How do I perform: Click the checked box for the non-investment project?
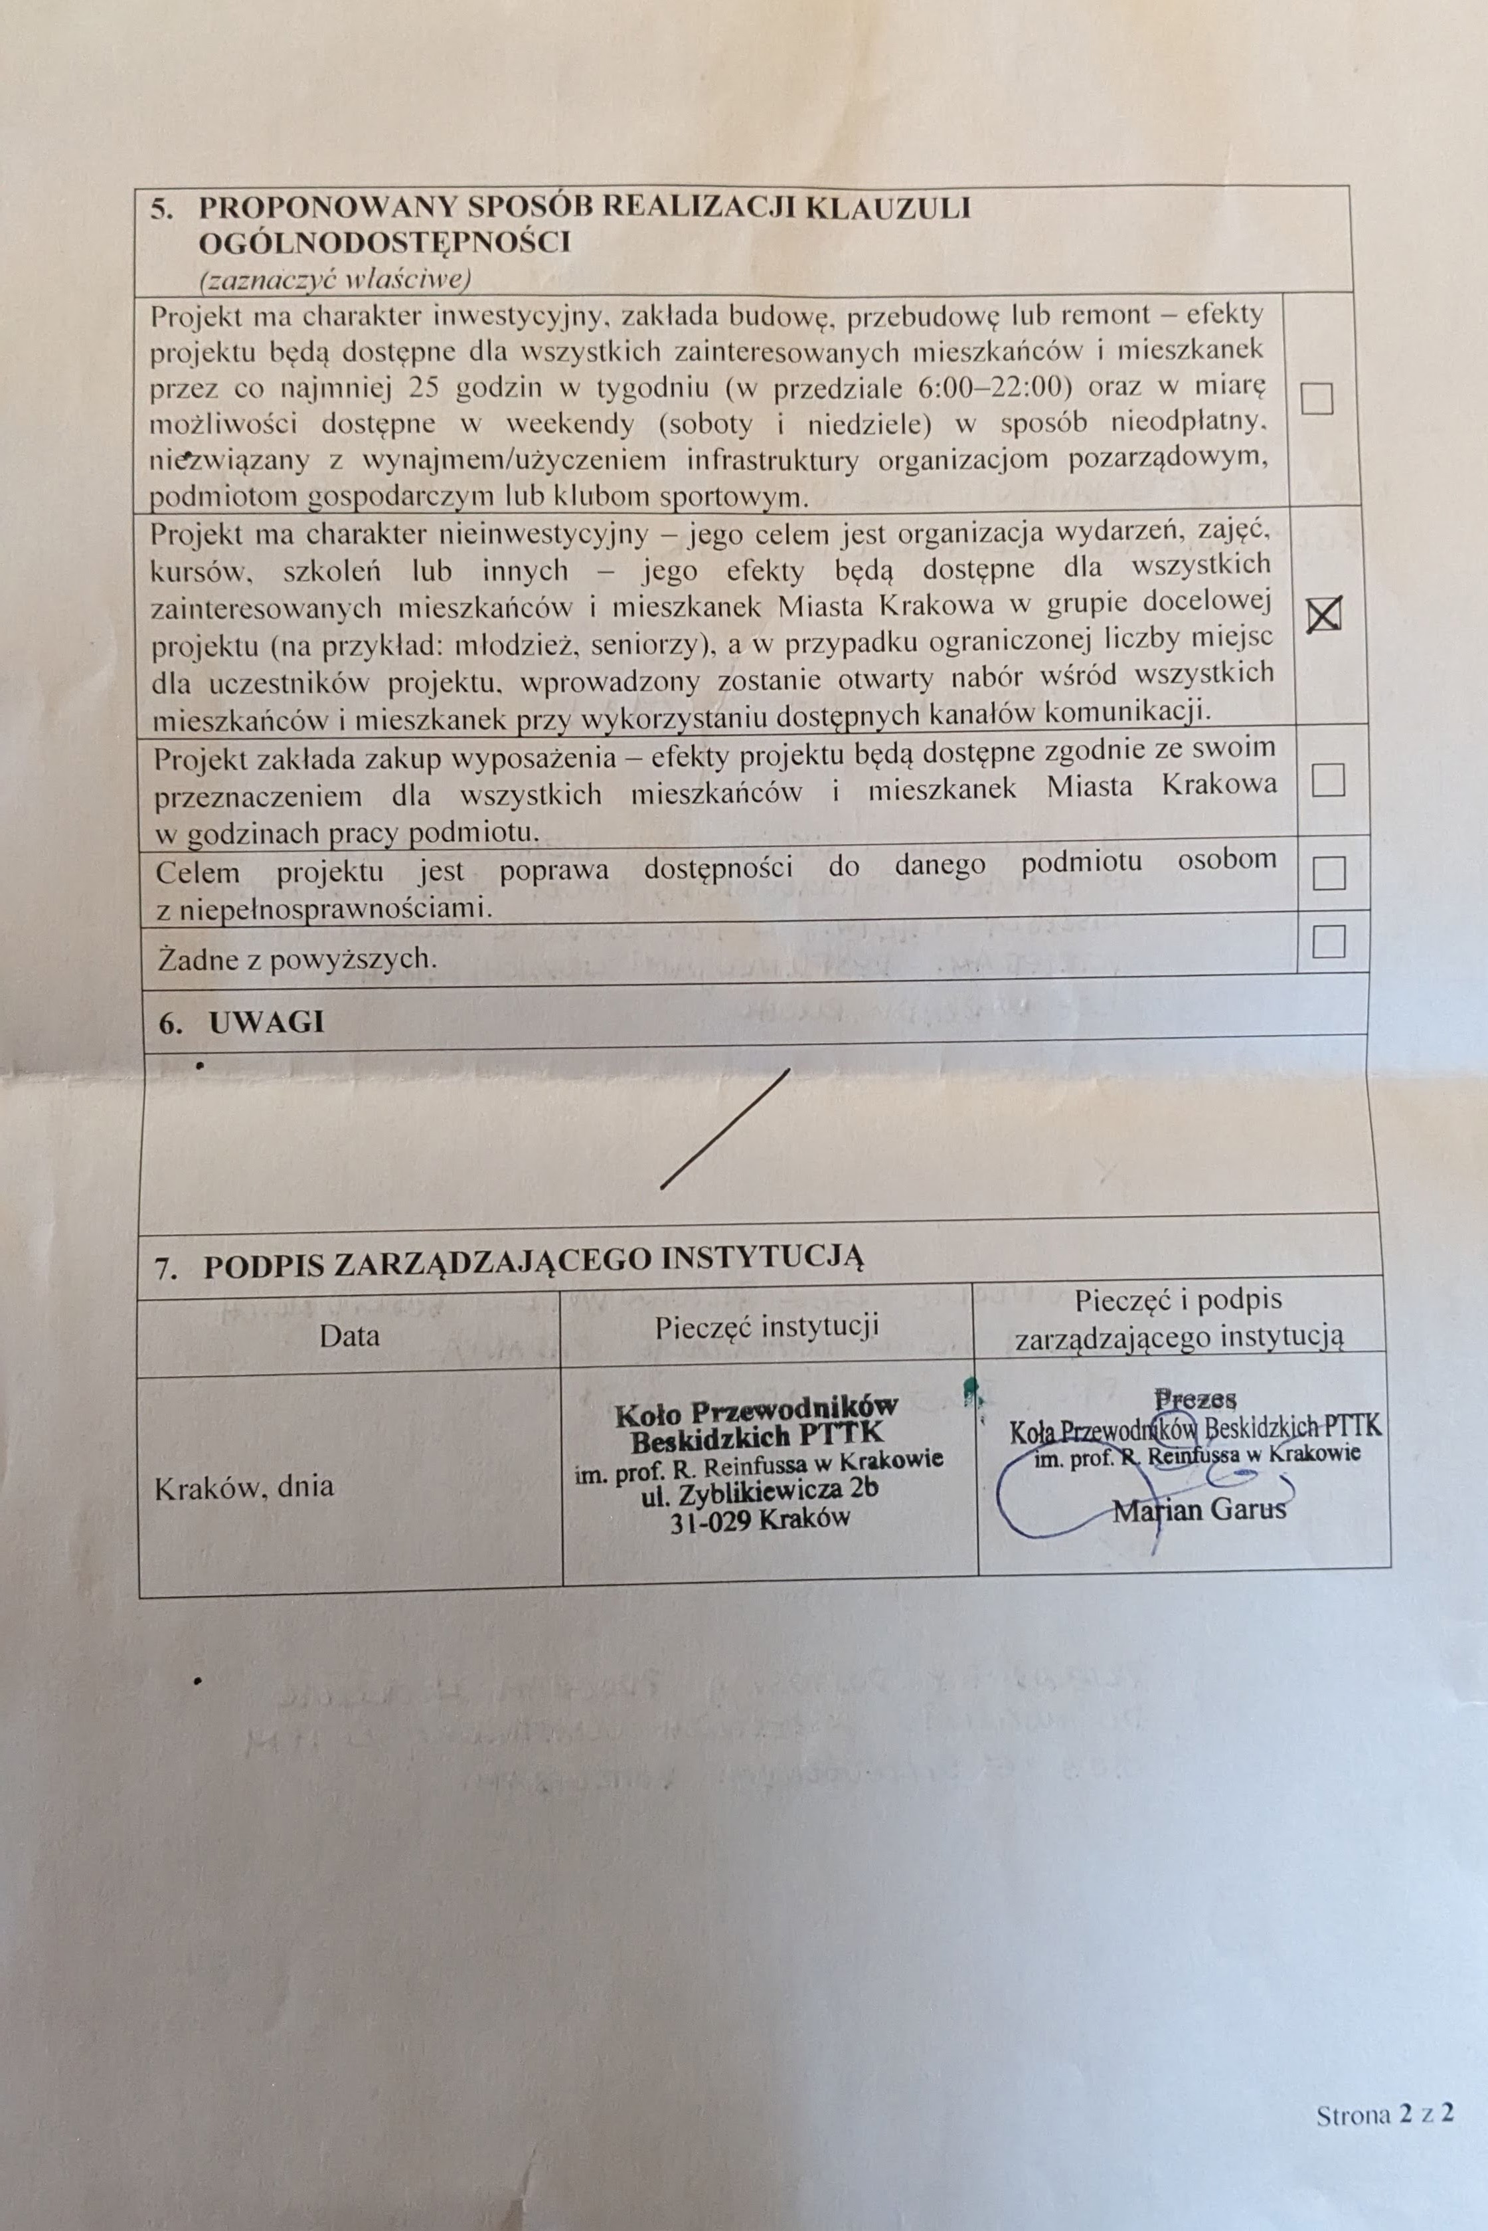[1324, 615]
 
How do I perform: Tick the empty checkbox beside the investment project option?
[1317, 398]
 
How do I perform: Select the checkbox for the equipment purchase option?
[1327, 779]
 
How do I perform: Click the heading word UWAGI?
[267, 1022]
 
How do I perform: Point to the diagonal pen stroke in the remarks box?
[725, 1128]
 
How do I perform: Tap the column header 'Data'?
[349, 1336]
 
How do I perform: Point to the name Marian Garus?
[1200, 1509]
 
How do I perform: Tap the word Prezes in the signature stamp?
[1196, 1399]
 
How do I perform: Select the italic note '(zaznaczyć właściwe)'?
[335, 279]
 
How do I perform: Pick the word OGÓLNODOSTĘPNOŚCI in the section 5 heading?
[384, 243]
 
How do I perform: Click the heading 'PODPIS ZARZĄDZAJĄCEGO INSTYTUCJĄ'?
[533, 1264]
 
